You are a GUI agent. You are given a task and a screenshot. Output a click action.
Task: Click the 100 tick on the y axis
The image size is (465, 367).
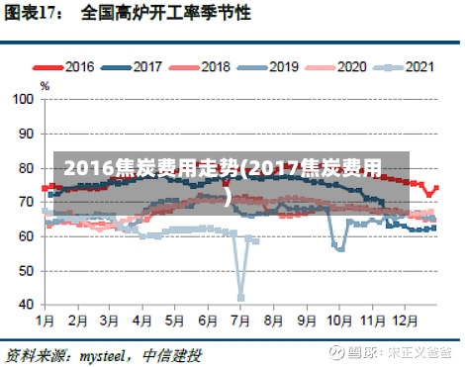click(22, 99)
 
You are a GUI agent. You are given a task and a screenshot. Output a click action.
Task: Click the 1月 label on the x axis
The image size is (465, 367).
click(46, 321)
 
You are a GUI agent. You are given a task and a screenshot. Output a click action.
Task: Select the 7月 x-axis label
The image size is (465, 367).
click(240, 321)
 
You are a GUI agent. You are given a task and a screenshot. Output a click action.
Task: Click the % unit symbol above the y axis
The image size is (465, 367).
click(45, 86)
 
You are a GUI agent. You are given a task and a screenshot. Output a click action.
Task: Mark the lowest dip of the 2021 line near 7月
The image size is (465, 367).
click(240, 297)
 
